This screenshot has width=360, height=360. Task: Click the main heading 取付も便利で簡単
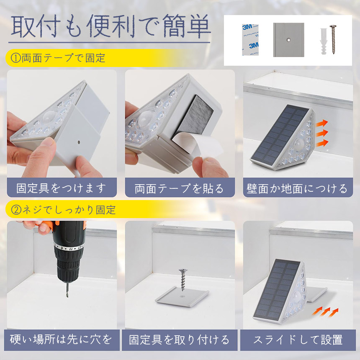click(111, 26)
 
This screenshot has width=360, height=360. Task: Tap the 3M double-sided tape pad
click(250, 39)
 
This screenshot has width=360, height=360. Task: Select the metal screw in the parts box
click(333, 39)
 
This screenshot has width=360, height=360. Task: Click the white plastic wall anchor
click(324, 42)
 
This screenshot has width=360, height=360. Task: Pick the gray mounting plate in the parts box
click(288, 40)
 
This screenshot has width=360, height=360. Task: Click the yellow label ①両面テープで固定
click(58, 58)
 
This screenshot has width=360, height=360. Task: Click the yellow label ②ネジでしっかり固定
click(63, 210)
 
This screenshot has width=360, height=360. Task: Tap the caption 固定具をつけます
click(61, 188)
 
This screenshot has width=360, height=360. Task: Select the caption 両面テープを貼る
click(179, 188)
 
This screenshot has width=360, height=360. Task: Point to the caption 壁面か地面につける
click(297, 188)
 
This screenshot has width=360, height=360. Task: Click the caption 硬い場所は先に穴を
click(61, 339)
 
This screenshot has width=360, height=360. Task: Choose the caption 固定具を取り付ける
click(179, 340)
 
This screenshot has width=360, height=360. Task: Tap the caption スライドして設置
click(298, 340)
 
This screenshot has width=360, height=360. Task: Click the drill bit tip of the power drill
click(67, 297)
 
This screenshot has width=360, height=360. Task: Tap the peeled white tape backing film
click(198, 144)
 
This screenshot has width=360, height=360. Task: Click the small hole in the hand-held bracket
click(79, 142)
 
